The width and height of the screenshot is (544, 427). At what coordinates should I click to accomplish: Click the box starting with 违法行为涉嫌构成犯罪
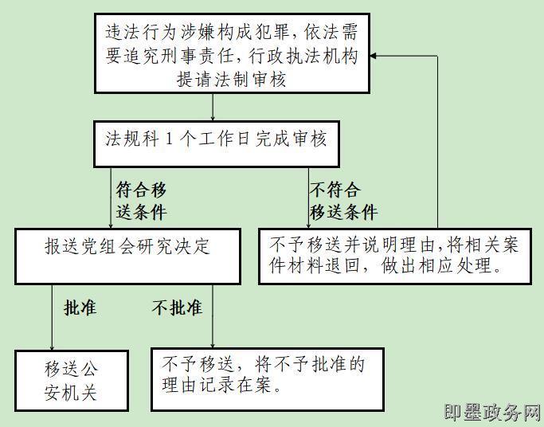tap(233, 54)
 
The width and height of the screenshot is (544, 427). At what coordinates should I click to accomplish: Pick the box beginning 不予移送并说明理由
tap(395, 255)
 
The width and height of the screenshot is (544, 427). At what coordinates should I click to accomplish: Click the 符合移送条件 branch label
tap(141, 201)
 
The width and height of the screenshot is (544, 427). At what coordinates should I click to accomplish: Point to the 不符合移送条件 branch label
tap(342, 201)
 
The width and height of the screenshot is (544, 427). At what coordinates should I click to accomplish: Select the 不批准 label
tap(177, 308)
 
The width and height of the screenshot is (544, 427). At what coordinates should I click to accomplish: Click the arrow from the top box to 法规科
tap(213, 108)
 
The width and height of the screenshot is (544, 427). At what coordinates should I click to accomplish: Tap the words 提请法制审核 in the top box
tap(232, 79)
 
